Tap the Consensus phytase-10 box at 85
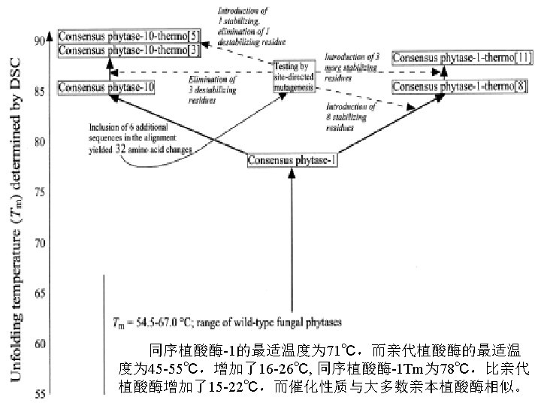107,88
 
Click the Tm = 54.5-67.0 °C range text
226,322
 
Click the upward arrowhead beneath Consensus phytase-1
292,177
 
